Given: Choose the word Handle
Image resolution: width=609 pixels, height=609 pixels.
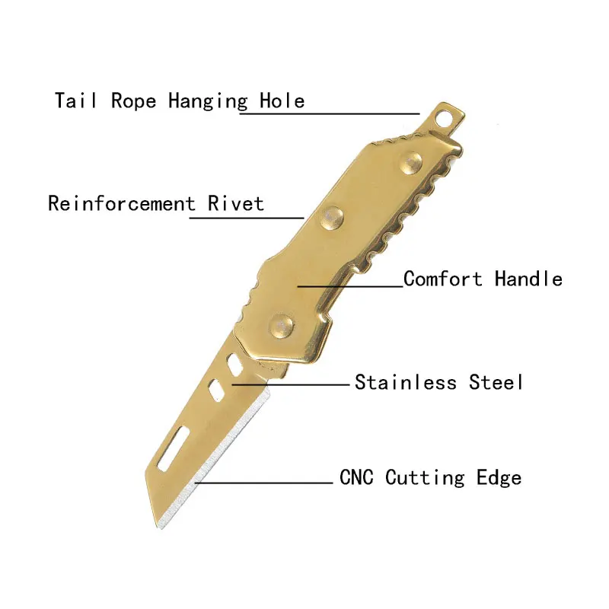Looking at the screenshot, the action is (528, 279).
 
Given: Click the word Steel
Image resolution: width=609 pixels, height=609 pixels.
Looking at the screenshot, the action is (496, 381).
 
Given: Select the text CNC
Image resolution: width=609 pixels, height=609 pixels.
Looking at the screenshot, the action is (358, 478).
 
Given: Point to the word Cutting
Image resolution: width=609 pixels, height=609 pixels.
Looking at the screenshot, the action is (425, 479).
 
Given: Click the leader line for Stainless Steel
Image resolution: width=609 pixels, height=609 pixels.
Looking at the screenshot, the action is (289, 384).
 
